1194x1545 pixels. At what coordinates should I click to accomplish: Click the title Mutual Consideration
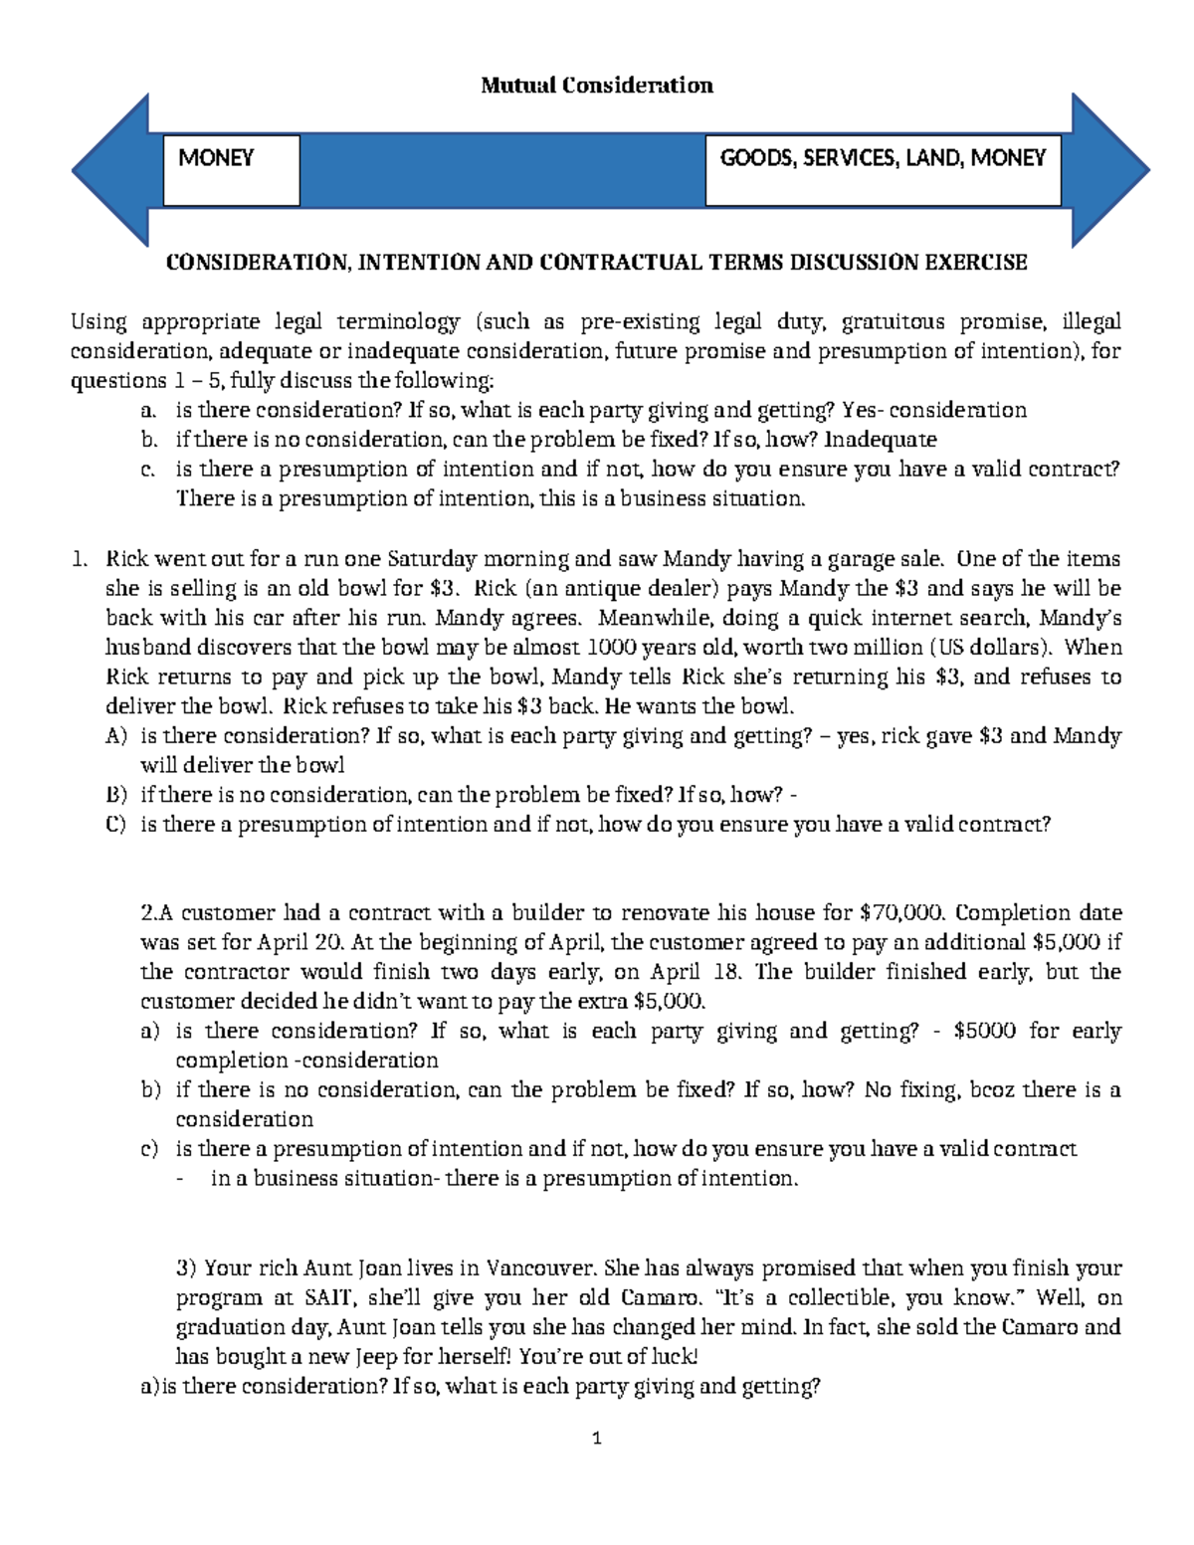(596, 86)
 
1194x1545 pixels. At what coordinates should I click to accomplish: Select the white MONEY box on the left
(231, 170)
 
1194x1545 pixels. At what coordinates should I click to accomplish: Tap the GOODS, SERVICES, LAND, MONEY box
(883, 170)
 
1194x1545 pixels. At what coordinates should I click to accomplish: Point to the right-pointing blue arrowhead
(1109, 170)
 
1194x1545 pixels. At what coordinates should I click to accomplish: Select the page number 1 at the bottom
(597, 1438)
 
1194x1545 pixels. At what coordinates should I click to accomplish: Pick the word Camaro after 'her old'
(661, 1297)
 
